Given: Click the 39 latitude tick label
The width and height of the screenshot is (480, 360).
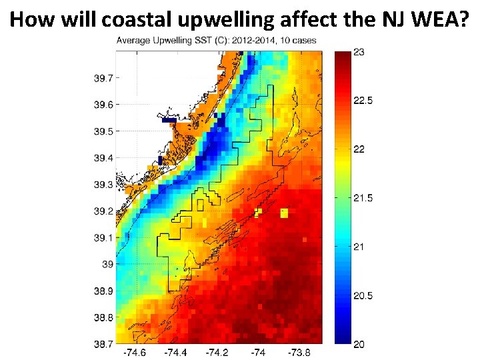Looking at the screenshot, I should pos(107,265).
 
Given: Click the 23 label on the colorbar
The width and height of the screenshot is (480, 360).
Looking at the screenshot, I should pos(358,53).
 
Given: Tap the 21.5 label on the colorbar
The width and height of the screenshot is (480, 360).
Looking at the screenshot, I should pos(362,198).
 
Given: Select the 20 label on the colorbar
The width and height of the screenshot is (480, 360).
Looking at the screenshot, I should pos(358,343).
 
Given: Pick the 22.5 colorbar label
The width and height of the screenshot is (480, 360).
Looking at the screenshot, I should pos(362,101).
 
